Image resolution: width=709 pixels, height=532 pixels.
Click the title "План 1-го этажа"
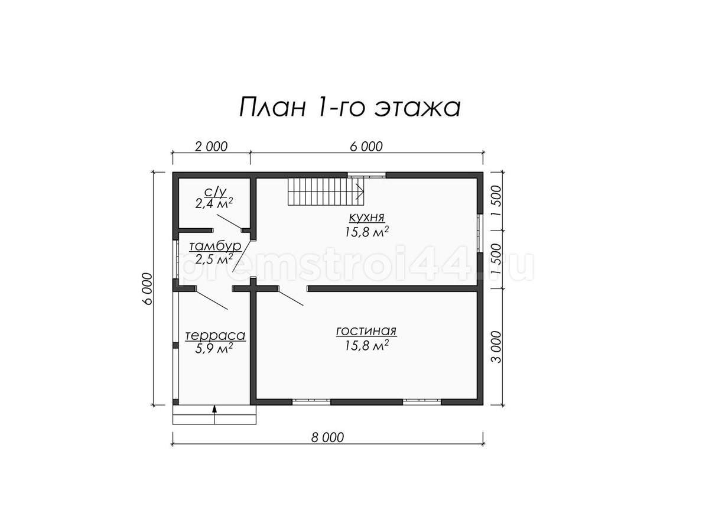[350, 107]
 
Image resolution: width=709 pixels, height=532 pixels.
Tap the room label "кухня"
[367, 217]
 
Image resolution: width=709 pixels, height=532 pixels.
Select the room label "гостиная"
[366, 331]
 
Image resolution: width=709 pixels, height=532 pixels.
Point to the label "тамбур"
[215, 246]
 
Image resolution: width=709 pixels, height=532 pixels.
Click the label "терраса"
[215, 335]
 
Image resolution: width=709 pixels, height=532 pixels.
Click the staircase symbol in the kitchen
[326, 192]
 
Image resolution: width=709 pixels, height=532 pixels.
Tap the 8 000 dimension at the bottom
[327, 437]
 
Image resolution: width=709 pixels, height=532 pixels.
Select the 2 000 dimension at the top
[212, 147]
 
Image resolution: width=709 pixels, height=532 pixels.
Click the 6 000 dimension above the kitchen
[366, 147]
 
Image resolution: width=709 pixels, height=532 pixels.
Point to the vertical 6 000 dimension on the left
[147, 288]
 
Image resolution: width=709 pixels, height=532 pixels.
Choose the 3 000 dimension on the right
[497, 347]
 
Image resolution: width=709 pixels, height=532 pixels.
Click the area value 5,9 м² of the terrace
[214, 348]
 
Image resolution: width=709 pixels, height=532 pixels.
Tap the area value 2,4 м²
[214, 203]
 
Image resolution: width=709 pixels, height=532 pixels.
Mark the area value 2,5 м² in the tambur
[214, 258]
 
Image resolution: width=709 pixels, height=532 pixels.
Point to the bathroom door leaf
[229, 222]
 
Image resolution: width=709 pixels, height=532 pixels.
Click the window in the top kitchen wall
[367, 176]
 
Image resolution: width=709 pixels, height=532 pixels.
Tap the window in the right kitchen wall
[480, 233]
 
